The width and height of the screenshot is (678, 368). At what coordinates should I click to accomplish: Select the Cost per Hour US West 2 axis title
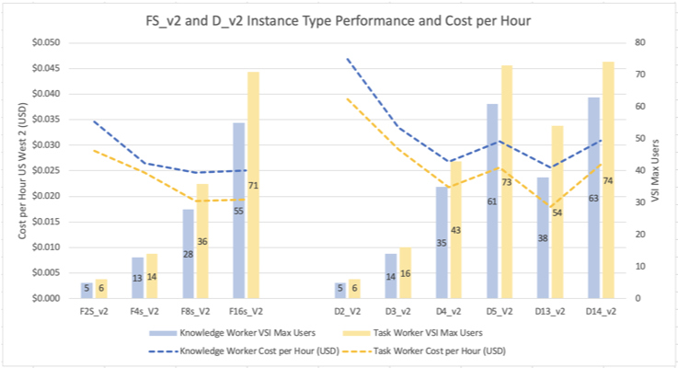pyautogui.click(x=20, y=170)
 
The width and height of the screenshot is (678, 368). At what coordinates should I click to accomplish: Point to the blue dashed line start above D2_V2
pyautogui.click(x=348, y=59)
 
